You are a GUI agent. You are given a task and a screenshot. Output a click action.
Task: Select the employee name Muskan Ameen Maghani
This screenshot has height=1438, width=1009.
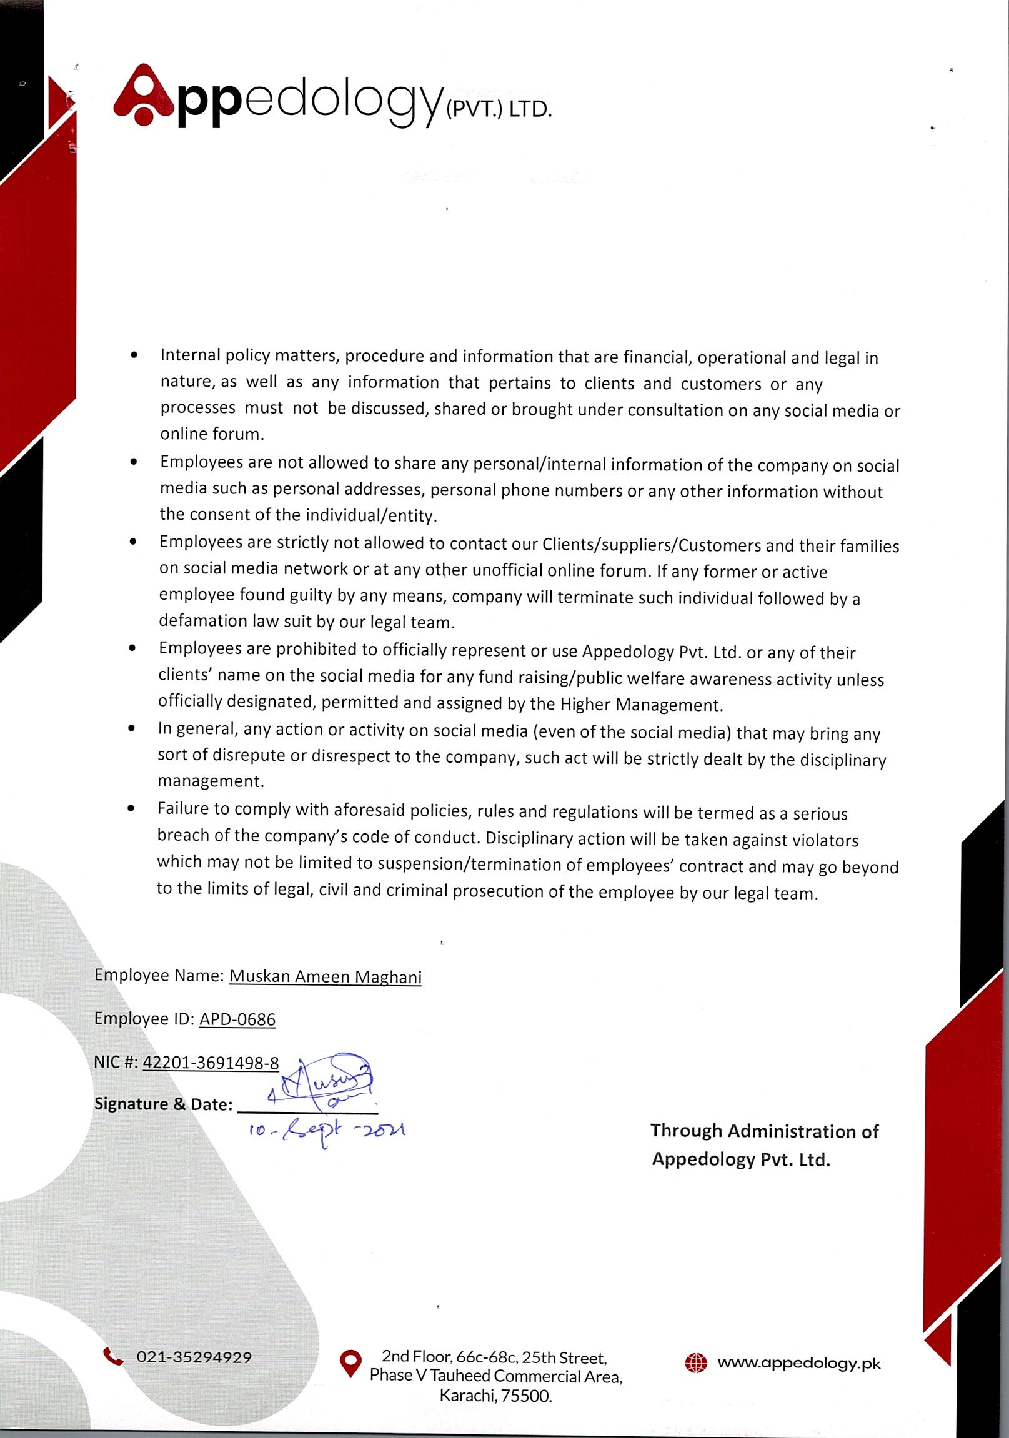(x=325, y=977)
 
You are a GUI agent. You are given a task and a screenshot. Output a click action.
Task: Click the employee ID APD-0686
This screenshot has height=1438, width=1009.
(x=237, y=1019)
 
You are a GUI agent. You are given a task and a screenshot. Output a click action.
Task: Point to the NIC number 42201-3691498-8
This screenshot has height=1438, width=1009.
(x=211, y=1063)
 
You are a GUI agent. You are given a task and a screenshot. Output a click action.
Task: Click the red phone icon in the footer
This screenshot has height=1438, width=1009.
(x=113, y=1357)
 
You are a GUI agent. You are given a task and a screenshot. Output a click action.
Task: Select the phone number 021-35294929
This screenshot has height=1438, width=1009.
(x=194, y=1357)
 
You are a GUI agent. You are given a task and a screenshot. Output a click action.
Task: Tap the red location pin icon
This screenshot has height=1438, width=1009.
(x=350, y=1364)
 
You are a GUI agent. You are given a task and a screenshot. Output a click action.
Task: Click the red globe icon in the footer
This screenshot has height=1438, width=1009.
(x=696, y=1363)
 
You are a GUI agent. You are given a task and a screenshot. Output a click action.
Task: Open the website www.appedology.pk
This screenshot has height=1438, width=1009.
(x=798, y=1363)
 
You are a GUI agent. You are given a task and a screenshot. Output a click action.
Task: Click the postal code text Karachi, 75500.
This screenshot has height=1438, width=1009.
(x=495, y=1396)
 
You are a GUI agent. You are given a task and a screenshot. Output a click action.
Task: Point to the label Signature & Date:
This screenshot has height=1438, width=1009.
(x=163, y=1104)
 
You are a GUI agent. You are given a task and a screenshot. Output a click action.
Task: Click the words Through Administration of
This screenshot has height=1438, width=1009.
(x=764, y=1131)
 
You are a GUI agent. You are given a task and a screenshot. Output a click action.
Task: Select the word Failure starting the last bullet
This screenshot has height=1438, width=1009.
(x=185, y=808)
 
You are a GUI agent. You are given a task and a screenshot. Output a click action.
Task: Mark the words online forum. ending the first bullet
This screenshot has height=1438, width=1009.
(x=212, y=434)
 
